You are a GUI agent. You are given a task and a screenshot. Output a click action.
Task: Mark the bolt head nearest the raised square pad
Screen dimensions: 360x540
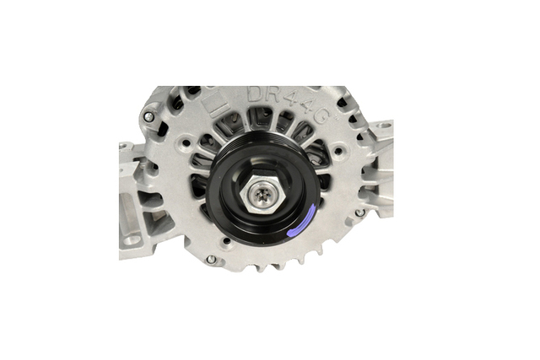(148, 117)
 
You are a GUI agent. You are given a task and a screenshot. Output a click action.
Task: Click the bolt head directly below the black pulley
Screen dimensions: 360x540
(210, 260)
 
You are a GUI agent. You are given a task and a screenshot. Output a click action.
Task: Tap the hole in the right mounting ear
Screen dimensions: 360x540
(384, 126)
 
